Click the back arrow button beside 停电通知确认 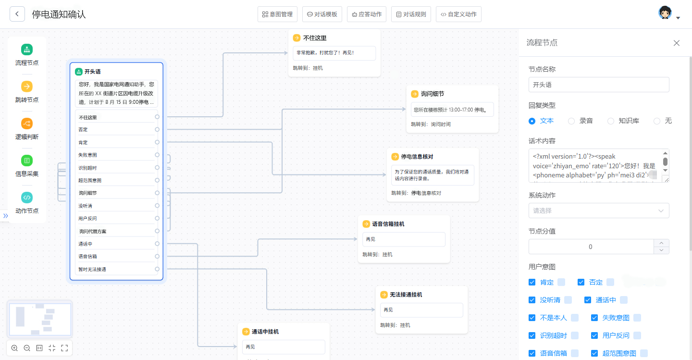click(17, 14)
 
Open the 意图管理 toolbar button click(277, 14)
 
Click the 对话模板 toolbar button click(322, 14)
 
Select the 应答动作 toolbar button click(367, 14)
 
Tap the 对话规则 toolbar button click(411, 14)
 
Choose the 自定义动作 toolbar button click(458, 14)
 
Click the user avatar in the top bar click(665, 13)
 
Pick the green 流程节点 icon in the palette click(27, 49)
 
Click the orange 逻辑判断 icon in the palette click(27, 124)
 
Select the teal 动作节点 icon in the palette click(27, 198)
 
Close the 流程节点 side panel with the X click(677, 43)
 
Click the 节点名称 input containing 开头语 click(599, 85)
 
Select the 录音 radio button click(571, 121)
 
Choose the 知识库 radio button click(611, 121)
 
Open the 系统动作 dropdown click(599, 211)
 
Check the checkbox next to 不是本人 click(532, 318)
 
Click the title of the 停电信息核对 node click(417, 157)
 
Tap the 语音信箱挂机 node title click(388, 224)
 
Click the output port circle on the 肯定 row click(157, 142)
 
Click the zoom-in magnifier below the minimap click(14, 348)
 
